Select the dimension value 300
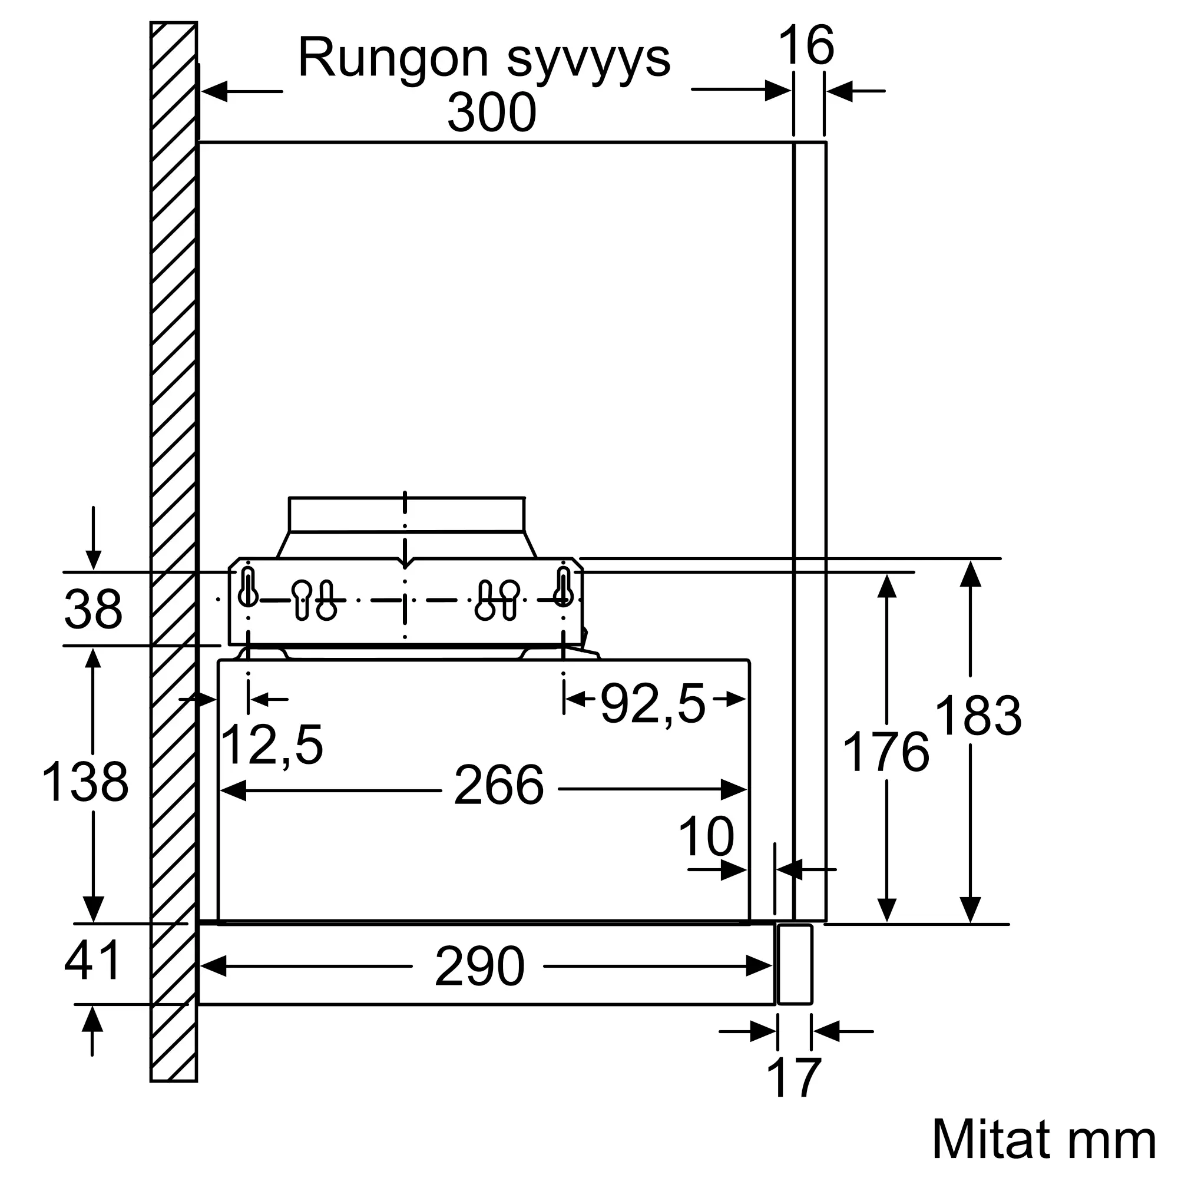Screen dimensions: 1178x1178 [x=491, y=112]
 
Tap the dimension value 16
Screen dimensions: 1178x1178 [x=806, y=45]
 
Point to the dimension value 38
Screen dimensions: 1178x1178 [x=92, y=608]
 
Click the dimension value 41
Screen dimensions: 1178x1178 [x=92, y=960]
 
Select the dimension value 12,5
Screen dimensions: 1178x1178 [x=272, y=745]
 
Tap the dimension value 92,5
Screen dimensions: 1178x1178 [x=653, y=703]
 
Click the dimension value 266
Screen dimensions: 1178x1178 [x=499, y=786]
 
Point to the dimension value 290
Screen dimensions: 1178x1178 [x=480, y=967]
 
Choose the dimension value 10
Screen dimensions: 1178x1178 [x=706, y=836]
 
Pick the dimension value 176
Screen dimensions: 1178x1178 [x=885, y=753]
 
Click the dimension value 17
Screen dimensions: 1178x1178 [x=794, y=1078]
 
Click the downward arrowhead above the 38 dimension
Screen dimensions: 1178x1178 [x=92, y=559]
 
